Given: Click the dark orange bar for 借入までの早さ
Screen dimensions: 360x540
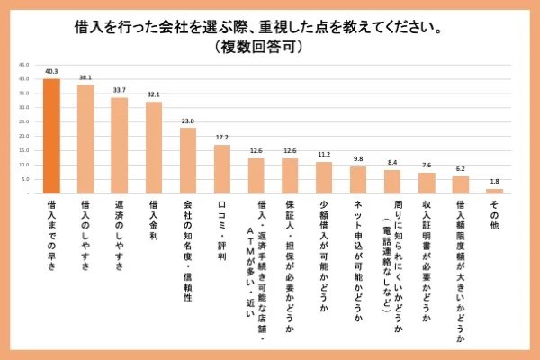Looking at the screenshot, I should coord(51,136).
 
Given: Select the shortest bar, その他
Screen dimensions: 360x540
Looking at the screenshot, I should coord(494,191).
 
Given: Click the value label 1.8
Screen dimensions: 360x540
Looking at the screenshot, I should coord(494,183).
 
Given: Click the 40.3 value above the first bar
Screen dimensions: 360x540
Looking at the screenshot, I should coord(51,71).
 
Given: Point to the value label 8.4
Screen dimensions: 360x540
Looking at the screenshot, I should coord(391,164).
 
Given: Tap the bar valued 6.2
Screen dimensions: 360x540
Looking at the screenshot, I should coord(460,184).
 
